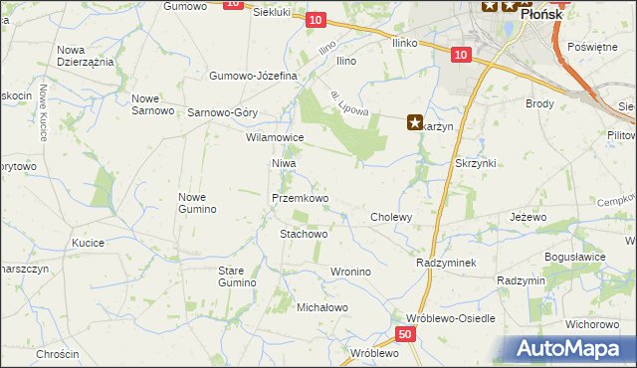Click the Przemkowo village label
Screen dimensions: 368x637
pos(300,198)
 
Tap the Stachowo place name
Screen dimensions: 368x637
pos(304,234)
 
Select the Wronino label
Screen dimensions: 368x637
pos(349,271)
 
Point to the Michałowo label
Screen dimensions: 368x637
pos(322,307)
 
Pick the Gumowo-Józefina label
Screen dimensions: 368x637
pos(254,76)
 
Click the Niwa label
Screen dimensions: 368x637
pos(284,162)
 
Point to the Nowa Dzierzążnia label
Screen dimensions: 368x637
pos(85,55)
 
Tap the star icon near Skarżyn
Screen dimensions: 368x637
pos(414,123)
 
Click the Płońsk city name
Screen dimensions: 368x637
pos(540,15)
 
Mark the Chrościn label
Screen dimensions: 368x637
pos(57,354)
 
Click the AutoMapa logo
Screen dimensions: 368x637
pos(572,348)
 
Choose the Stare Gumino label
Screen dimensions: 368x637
pos(238,276)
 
